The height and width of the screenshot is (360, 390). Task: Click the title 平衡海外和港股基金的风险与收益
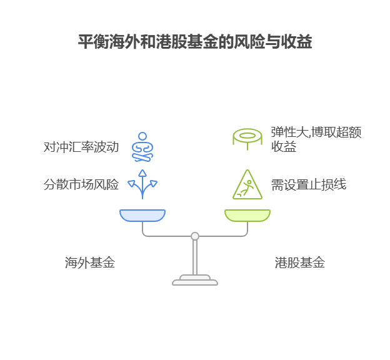pyautogui.click(x=195, y=42)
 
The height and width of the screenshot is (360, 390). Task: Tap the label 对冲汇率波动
pyautogui.click(x=81, y=147)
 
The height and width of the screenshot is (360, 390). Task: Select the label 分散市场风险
pyautogui.click(x=81, y=185)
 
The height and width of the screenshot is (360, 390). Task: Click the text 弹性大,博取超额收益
pyautogui.click(x=316, y=139)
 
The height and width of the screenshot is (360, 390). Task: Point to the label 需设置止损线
pyautogui.click(x=308, y=185)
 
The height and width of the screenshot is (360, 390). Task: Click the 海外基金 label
pyautogui.click(x=90, y=263)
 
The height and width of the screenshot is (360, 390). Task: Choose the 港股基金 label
pyautogui.click(x=299, y=263)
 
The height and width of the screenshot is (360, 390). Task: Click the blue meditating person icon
pyautogui.click(x=142, y=147)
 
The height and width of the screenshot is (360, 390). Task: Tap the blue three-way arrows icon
pyautogui.click(x=142, y=184)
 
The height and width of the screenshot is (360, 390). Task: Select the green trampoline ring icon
pyautogui.click(x=247, y=137)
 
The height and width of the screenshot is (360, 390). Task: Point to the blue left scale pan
pyautogui.click(x=142, y=216)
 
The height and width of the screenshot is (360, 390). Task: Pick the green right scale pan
pyautogui.click(x=247, y=216)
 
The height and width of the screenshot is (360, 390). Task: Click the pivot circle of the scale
pyautogui.click(x=195, y=236)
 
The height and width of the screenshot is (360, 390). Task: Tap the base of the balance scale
pyautogui.click(x=195, y=281)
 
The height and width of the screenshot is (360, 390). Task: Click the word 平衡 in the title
pyautogui.click(x=89, y=42)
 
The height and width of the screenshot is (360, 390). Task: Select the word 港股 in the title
pyautogui.click(x=161, y=42)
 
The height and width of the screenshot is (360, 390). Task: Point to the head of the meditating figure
pyautogui.click(x=142, y=136)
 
